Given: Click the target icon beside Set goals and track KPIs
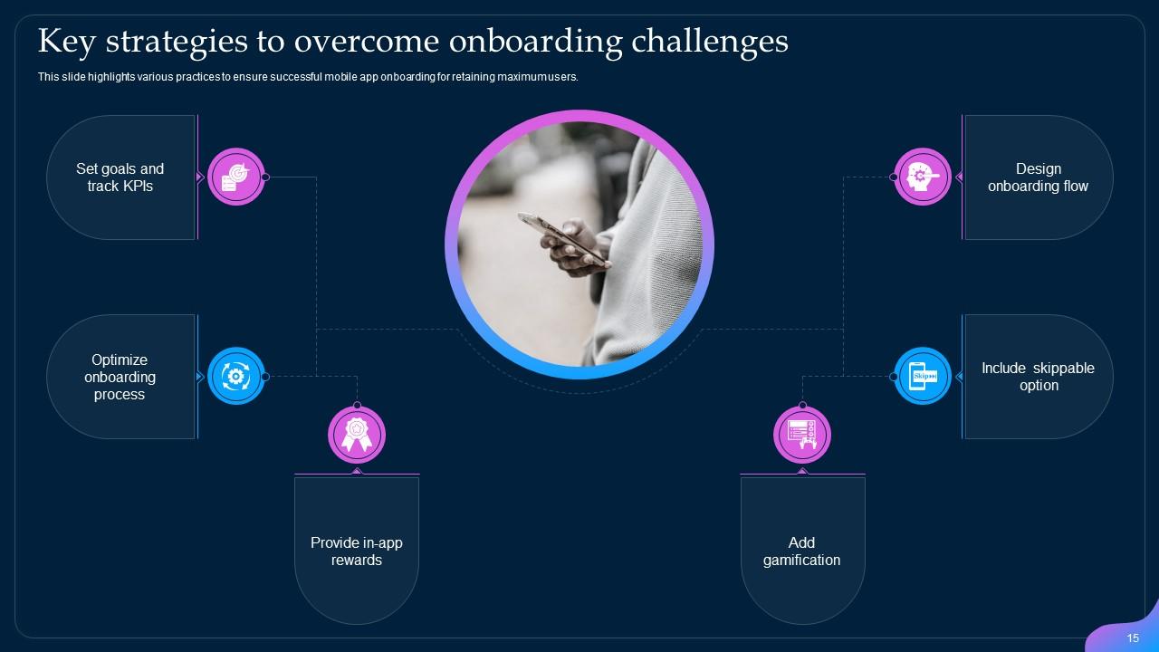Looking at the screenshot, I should (x=235, y=177).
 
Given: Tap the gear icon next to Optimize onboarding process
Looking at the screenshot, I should (x=235, y=376).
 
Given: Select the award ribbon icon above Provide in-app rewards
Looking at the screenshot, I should (x=356, y=436).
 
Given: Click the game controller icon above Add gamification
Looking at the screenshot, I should (x=802, y=436).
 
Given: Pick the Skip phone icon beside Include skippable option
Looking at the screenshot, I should (x=923, y=376).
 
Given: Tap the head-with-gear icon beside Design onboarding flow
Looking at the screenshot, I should (x=923, y=177).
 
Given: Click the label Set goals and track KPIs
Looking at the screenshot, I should (x=120, y=177).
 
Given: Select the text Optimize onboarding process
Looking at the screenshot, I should (x=120, y=377).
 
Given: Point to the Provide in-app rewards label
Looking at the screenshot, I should (x=357, y=551).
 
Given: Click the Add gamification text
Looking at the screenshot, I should (x=801, y=551).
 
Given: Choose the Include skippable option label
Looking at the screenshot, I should (x=1038, y=377).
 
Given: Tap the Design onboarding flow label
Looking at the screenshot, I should (x=1038, y=177).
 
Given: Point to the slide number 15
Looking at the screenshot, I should (x=1133, y=638).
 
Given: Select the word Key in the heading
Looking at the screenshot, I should (x=66, y=42).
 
